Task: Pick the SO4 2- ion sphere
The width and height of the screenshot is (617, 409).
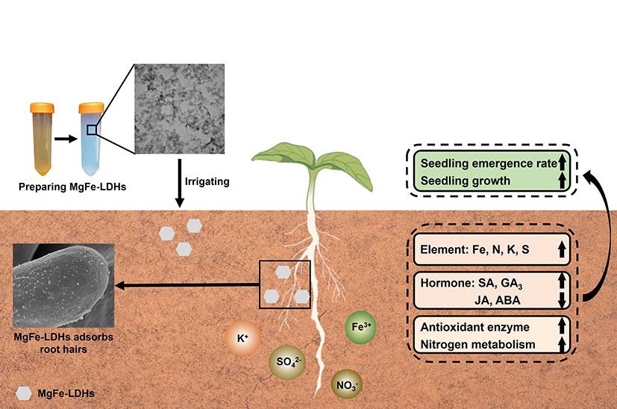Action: point(285,363)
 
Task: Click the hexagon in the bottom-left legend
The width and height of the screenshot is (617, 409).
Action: point(25,392)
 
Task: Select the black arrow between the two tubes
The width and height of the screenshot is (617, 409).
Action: point(66,138)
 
